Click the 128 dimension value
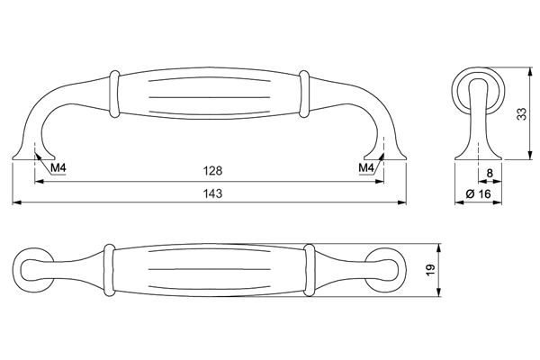[x=212, y=170]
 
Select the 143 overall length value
[x=212, y=193]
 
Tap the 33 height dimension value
[x=522, y=114]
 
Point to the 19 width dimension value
[x=430, y=270]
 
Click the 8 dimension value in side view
[x=490, y=173]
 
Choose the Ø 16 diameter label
[x=479, y=194]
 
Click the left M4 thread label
[x=58, y=168]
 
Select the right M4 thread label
[x=365, y=168]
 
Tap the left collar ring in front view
[x=114, y=94]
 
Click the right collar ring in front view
[x=304, y=94]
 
